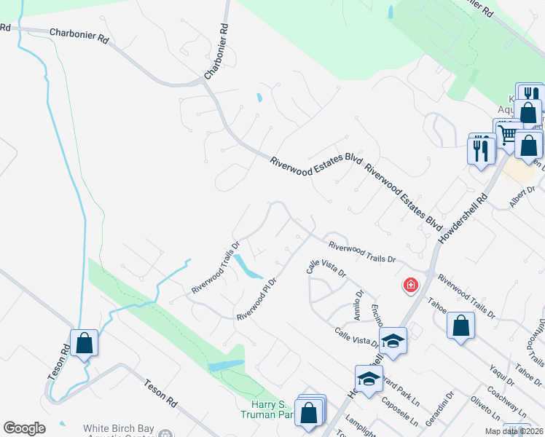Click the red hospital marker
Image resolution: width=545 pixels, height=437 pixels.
coord(411,284)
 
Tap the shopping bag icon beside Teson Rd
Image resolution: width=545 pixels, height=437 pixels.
coord(84,343)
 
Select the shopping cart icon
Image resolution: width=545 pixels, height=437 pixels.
coord(507,133)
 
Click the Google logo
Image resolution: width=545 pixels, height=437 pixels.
coord(24,428)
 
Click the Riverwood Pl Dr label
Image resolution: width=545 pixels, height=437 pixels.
coord(256,299)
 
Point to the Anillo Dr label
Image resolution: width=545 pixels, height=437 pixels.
coord(358,305)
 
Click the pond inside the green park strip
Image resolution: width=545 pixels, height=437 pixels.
coord(226,365)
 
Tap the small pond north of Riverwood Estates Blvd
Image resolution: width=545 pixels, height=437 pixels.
coord(259,97)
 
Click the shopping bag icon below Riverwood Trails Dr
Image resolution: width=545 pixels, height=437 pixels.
coord(460,326)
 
